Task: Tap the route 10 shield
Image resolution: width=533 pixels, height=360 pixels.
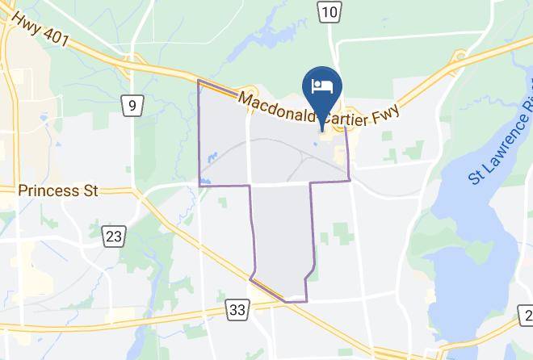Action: click(328, 10)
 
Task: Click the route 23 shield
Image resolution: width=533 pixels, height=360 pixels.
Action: click(114, 236)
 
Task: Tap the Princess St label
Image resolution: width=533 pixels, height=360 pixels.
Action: click(58, 191)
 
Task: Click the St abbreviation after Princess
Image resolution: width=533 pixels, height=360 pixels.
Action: click(89, 191)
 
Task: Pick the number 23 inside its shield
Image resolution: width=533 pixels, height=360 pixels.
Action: click(114, 236)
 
